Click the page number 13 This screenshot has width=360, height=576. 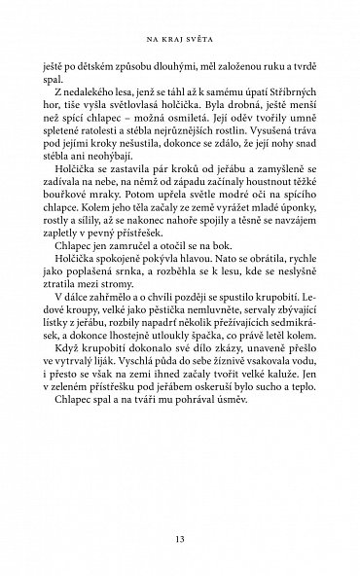(x=180, y=539)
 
